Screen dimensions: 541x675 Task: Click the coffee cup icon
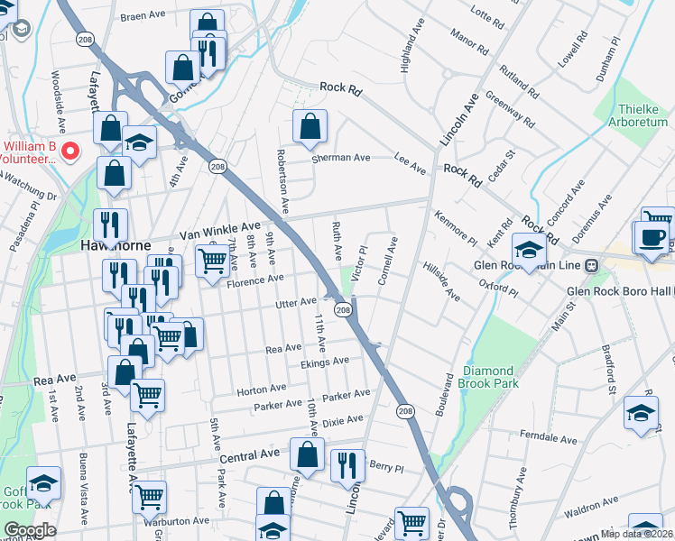652,237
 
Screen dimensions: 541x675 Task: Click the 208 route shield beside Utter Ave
343,309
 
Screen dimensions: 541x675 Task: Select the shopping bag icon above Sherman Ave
310,128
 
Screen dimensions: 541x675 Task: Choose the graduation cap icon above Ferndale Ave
641,414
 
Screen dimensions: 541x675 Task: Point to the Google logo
29,530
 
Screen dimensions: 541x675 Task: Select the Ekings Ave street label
324,362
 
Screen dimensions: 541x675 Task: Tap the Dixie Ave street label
342,420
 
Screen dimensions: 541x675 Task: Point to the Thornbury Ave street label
521,491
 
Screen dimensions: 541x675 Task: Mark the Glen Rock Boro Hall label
621,291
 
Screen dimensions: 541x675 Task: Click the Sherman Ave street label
341,158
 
